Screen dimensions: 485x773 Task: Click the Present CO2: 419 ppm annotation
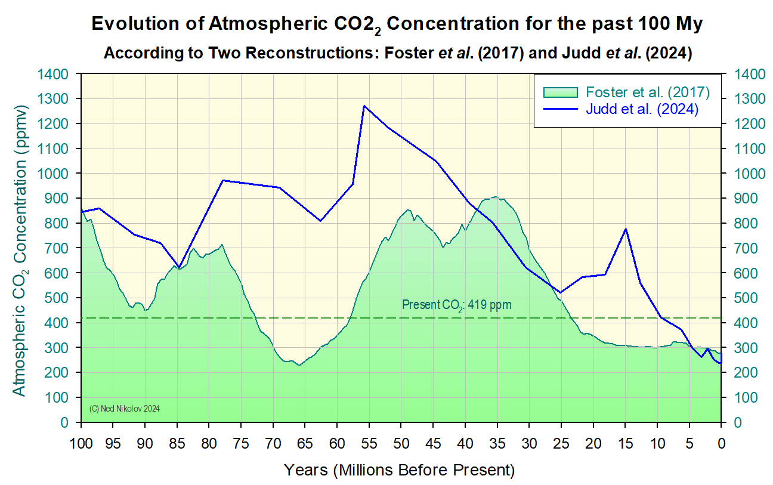(456, 305)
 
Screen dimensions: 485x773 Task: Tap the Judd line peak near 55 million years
(364, 106)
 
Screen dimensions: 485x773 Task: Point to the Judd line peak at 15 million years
(626, 229)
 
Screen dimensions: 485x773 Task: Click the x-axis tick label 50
(401, 444)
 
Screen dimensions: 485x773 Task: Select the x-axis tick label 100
(81, 444)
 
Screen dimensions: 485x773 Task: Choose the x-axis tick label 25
(561, 444)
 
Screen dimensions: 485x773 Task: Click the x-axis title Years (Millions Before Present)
(399, 470)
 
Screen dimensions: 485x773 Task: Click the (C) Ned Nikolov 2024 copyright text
(125, 409)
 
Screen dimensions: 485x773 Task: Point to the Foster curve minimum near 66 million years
(299, 365)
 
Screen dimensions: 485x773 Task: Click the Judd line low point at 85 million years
(178, 268)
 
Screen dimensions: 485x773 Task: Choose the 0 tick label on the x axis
(721, 444)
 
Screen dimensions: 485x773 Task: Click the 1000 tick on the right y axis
(743, 174)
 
